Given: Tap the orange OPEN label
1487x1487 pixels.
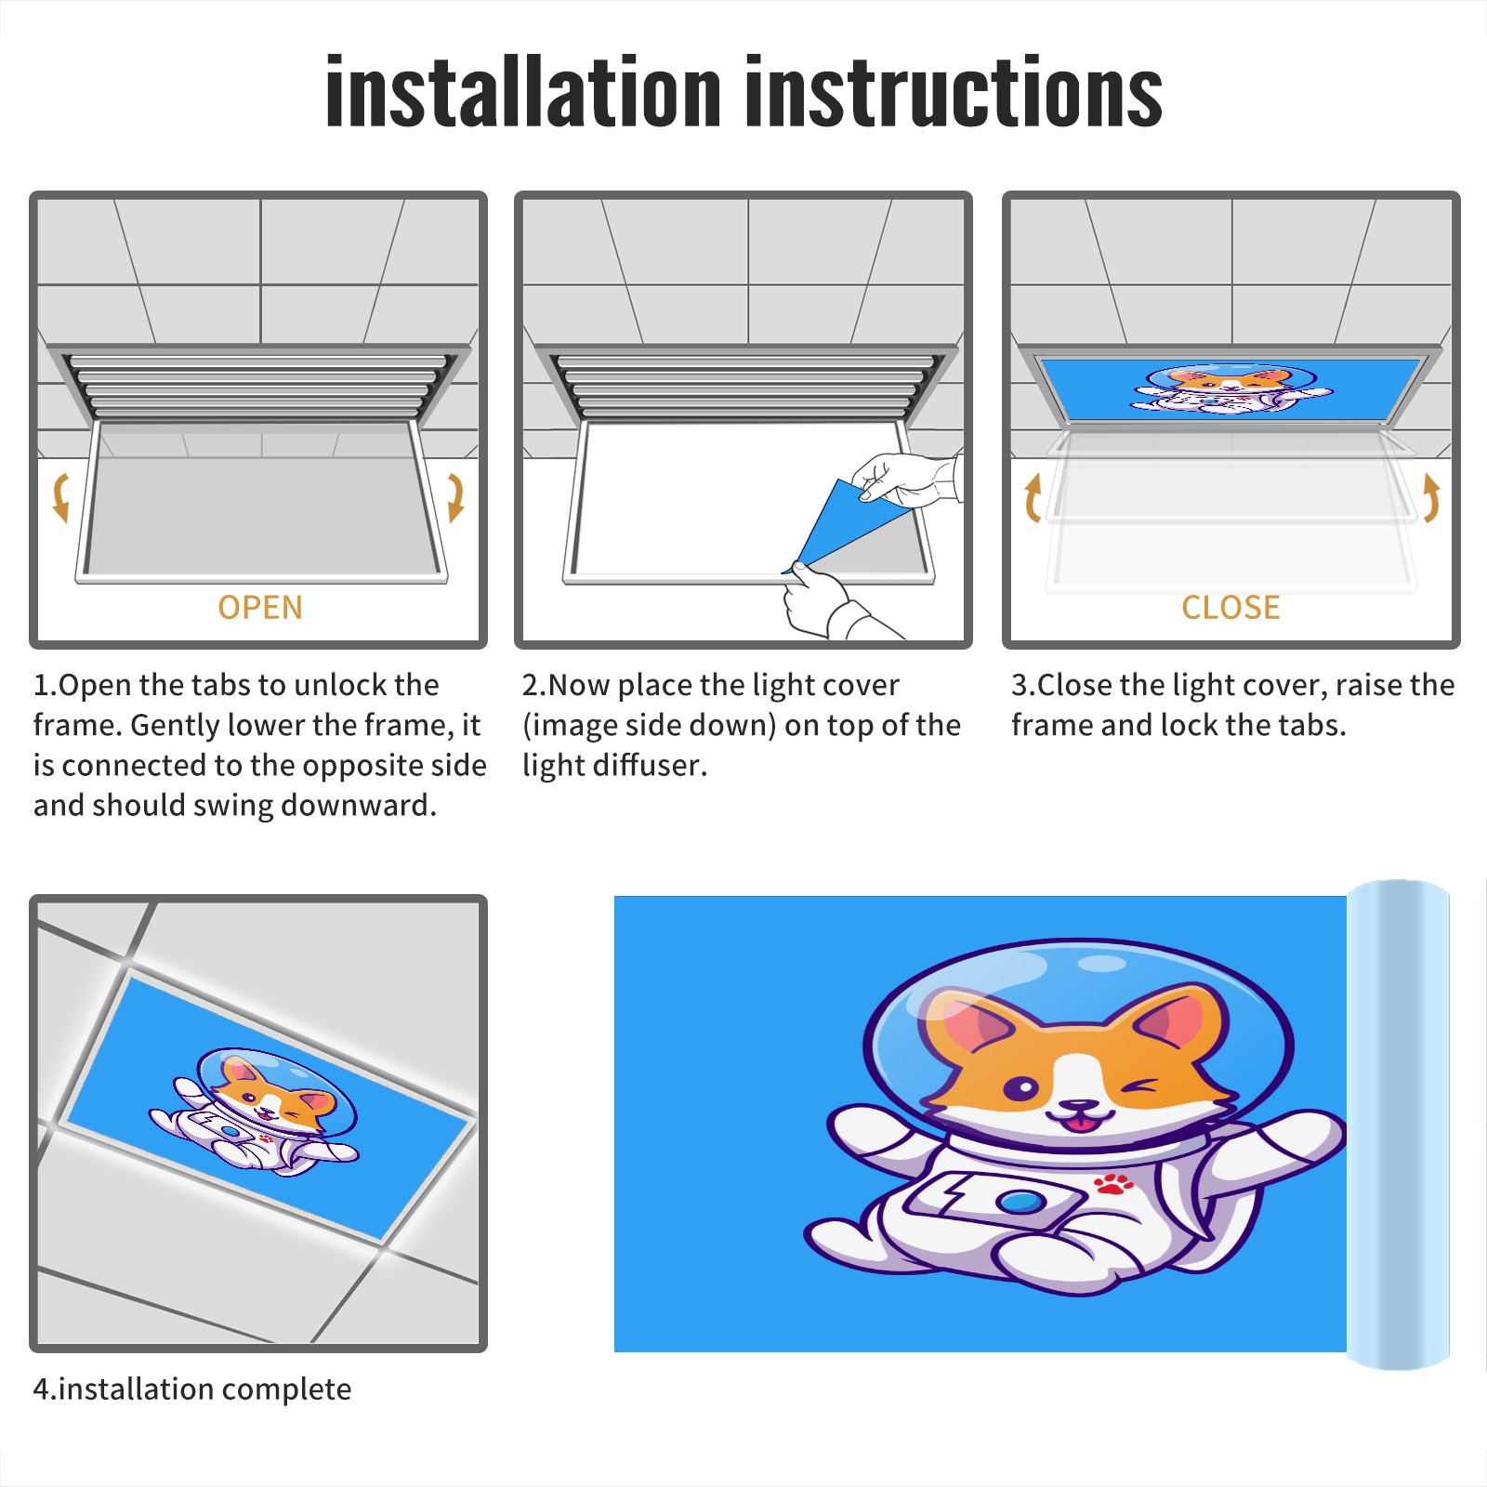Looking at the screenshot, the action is click(x=260, y=607).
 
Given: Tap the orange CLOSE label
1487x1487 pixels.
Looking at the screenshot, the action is click(x=1230, y=607).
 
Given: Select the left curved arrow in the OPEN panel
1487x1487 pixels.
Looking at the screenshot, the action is click(x=59, y=496).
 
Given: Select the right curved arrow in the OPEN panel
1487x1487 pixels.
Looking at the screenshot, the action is click(x=455, y=496).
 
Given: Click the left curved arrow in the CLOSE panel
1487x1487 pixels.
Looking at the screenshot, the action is click(x=1033, y=498).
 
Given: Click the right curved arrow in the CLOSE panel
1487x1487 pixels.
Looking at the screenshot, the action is click(x=1431, y=498).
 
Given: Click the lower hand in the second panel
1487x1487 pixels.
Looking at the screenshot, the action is click(x=827, y=602).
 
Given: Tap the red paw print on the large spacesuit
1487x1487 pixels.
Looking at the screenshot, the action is click(x=1113, y=1183).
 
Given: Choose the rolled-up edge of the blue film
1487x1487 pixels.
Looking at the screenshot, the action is click(x=1398, y=1125).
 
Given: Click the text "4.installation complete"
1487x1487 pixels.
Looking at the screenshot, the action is click(x=192, y=1389).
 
